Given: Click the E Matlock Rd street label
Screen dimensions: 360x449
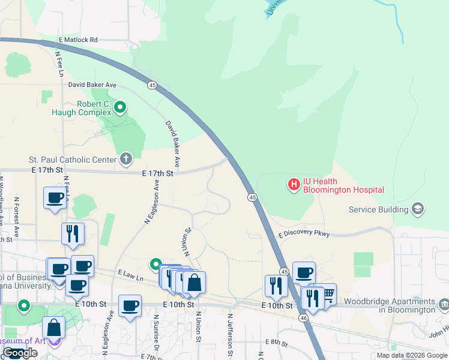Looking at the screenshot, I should pos(77,40).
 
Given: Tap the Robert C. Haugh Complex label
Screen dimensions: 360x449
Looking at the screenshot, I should pos(85,108).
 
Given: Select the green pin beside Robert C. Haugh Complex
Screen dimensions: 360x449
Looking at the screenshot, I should pos(120,107).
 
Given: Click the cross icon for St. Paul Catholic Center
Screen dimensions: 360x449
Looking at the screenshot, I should pos(125,159).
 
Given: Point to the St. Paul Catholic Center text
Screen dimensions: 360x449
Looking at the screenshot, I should pos(72,160).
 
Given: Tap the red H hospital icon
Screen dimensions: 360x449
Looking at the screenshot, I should pos(294,185).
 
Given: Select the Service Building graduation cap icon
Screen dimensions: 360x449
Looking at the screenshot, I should pos(418,209).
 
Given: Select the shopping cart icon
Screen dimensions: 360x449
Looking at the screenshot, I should pos(327,293).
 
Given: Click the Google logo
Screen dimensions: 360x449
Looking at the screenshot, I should pos(20,353).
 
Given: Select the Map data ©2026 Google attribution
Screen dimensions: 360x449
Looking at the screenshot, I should pos(412,355).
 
